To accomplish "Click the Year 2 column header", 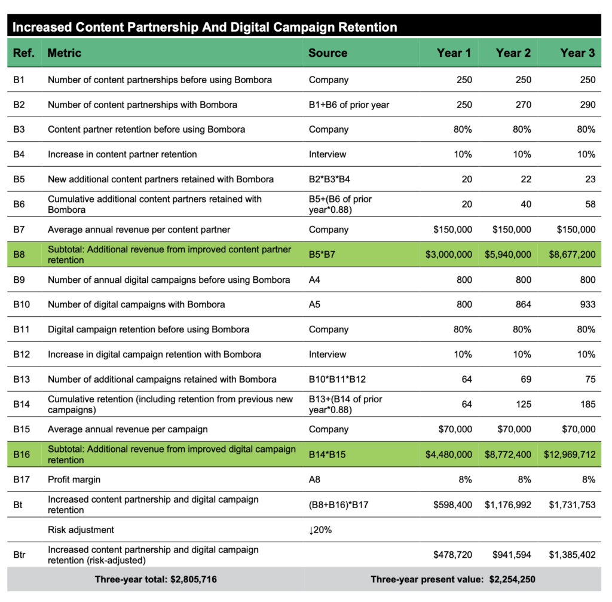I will pyautogui.click(x=513, y=53).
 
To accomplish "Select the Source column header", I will pyautogui.click(x=328, y=53).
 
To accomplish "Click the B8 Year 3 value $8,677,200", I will pyautogui.click(x=572, y=254).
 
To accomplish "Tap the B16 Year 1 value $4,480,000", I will pyautogui.click(x=448, y=454).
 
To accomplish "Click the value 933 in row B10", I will pyautogui.click(x=587, y=304).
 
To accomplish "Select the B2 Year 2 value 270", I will pyautogui.click(x=522, y=105).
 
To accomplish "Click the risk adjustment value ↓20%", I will pyautogui.click(x=320, y=530).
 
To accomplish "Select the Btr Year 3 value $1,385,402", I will pyautogui.click(x=572, y=555).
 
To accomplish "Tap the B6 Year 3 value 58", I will pyautogui.click(x=589, y=204).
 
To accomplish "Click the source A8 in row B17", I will pyautogui.click(x=315, y=479).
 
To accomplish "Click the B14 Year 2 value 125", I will pyautogui.click(x=522, y=405).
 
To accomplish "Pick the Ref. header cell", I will pyautogui.click(x=23, y=53).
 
